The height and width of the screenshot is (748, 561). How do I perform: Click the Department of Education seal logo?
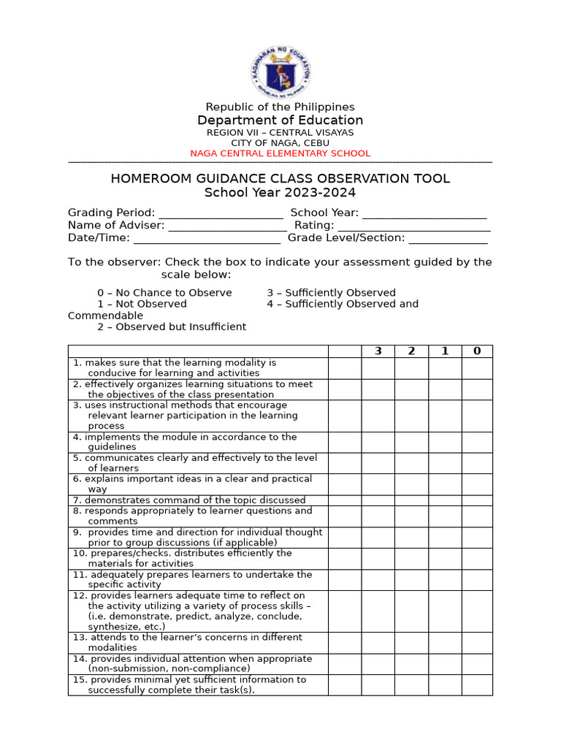280,69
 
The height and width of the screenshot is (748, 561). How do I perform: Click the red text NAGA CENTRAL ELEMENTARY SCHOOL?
280,153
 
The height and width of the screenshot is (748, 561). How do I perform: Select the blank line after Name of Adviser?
227,226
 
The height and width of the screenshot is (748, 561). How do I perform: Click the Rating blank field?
413,226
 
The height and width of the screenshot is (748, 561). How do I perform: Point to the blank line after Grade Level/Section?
448,238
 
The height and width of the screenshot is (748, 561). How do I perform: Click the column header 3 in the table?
378,351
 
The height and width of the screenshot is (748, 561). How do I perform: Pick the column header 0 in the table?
477,351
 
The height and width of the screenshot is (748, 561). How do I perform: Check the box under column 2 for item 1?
411,368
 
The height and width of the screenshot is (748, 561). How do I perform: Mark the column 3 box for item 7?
378,500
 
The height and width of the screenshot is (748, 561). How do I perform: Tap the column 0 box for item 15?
477,685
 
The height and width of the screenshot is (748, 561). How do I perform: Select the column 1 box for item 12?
444,611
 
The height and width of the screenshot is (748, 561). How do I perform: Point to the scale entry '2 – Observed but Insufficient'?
172,327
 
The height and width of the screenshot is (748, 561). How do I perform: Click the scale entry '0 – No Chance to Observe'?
164,293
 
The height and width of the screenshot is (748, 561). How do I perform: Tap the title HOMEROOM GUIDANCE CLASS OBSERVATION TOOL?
280,179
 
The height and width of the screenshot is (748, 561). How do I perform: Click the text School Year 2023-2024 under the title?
280,193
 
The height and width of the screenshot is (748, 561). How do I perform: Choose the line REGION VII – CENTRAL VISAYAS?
280,133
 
